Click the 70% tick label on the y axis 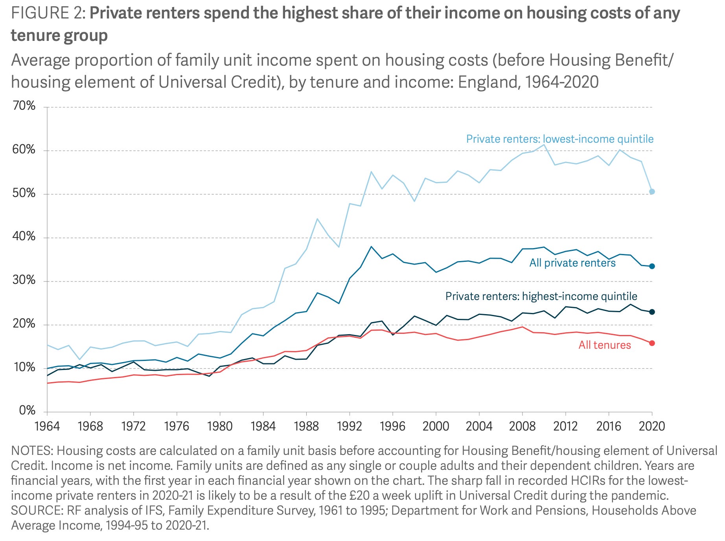tap(24, 106)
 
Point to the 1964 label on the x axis tap(47, 426)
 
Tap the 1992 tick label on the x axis tap(349, 426)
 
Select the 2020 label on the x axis tap(651, 426)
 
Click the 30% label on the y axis tap(24, 281)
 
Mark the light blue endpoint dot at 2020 tap(652, 191)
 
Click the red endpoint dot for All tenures tap(652, 343)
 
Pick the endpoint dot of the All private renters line tap(652, 266)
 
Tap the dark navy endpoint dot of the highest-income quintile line tap(652, 312)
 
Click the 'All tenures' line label tap(604, 345)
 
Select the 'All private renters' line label tap(572, 263)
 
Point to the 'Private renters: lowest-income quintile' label tap(559, 139)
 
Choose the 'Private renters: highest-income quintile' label tap(541, 296)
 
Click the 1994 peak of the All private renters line tap(371, 247)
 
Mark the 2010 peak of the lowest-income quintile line tap(544, 145)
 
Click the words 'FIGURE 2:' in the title tap(48, 13)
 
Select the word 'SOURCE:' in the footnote tap(37, 510)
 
